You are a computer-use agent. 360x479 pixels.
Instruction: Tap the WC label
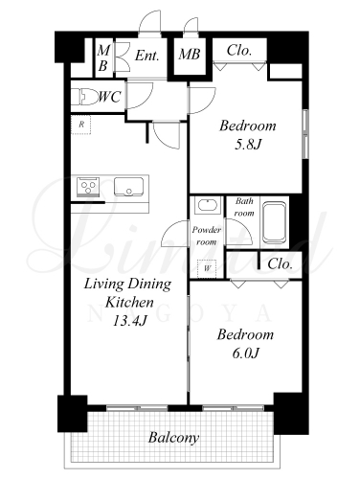pos(110,97)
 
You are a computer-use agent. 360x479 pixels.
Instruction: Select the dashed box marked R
pos(81,125)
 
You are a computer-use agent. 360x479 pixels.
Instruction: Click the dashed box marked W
pos(207,268)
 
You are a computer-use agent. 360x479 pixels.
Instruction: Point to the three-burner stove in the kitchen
pos(88,187)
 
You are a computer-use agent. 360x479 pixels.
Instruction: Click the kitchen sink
pos(128,187)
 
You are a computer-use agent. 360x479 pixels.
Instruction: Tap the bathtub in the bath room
pos(274,222)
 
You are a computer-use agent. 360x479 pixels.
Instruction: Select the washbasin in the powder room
pos(208,204)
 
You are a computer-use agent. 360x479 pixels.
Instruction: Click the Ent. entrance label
pos(146,56)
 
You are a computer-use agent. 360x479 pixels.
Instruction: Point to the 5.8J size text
pos(248,145)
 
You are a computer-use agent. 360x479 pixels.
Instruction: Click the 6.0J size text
pos(245,354)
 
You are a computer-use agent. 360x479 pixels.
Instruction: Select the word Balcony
pos(173,438)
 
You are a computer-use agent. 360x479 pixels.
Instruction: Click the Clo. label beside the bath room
pos(280,263)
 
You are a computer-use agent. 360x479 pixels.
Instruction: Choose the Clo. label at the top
pos(239,50)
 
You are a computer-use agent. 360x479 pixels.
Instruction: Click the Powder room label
pos(207,236)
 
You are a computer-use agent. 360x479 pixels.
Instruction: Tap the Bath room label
pos(244,207)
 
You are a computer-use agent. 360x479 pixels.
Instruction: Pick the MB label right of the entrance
pos(190,55)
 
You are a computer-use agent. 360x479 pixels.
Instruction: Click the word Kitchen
pos(129,302)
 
